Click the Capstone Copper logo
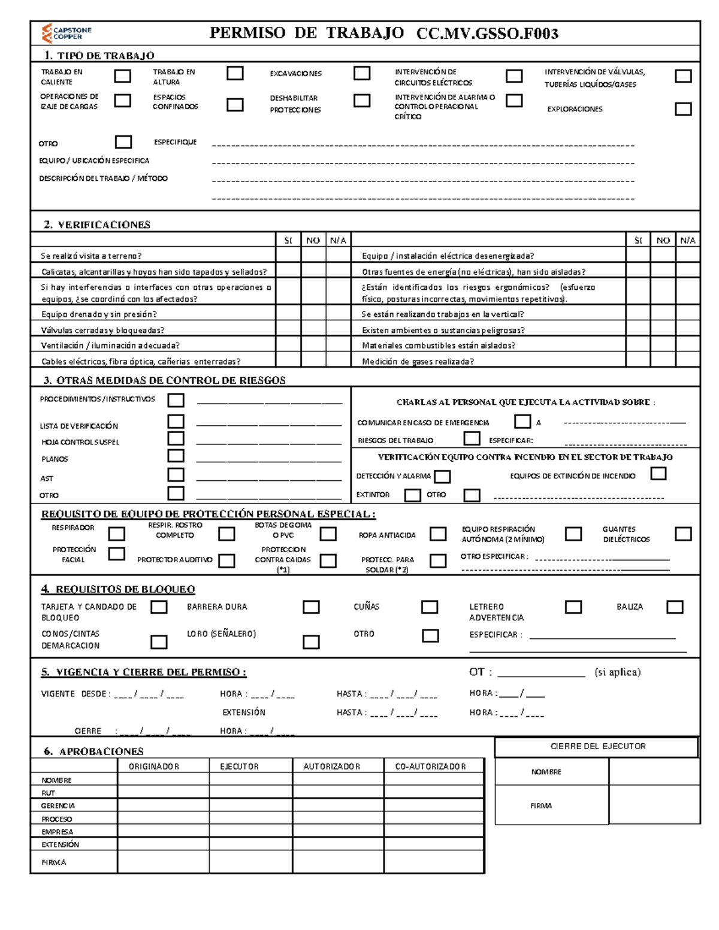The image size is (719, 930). coord(65,33)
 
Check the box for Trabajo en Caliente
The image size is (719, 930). coord(123,76)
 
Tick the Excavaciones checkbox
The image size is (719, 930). coord(362,73)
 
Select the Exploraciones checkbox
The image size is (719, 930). coord(683,109)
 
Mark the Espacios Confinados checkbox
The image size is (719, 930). coord(235,105)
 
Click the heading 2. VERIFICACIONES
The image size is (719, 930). coord(96,225)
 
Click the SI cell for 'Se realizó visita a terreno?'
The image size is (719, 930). coord(288,256)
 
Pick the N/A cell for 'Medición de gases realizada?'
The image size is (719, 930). coord(687,361)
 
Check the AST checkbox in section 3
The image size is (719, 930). coord(176,475)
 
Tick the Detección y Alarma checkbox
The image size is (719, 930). coord(442,477)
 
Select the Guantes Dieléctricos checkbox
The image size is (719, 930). coord(683,534)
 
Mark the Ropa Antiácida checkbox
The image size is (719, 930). coord(438,534)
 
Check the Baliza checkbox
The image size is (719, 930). coord(675,607)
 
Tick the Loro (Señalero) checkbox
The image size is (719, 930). coord(311,642)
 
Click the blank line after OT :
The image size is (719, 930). coord(540,674)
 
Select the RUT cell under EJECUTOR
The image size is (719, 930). coord(250,792)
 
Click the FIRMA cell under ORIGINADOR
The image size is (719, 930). coord(163,862)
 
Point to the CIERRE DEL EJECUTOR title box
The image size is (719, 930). coord(597,747)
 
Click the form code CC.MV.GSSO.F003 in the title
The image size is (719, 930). coord(487,34)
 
